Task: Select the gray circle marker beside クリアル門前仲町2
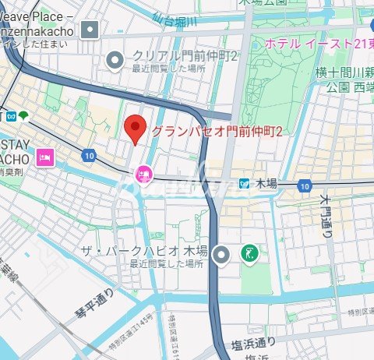tap(116, 58)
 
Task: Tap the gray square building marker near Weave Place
tap(91, 30)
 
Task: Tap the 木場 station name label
tap(266, 184)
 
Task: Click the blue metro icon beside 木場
tap(245, 184)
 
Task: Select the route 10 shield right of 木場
tap(304, 185)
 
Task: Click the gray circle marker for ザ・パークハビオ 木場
tap(223, 253)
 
